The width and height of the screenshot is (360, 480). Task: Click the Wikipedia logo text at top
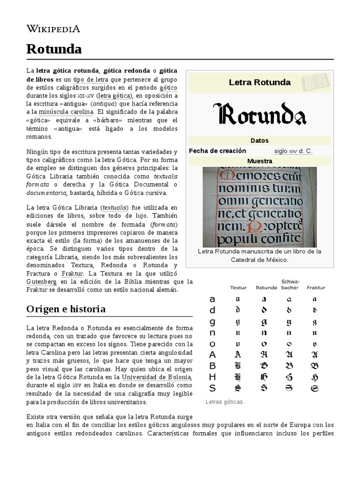[x=53, y=29]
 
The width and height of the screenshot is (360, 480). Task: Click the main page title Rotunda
[x=54, y=49]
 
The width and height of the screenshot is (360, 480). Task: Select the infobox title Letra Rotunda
[x=259, y=82]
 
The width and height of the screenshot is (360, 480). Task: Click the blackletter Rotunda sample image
[x=260, y=114]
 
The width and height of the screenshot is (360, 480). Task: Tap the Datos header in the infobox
[x=260, y=141]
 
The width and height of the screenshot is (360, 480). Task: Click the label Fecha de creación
[x=217, y=151]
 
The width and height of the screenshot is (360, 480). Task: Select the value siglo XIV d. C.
[x=293, y=151]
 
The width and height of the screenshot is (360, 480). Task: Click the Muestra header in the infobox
[x=260, y=161]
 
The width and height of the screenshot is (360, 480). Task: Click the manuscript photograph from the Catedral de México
[x=260, y=207]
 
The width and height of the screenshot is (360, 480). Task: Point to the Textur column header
[x=239, y=287]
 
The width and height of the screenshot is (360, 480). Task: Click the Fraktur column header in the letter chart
[x=315, y=287]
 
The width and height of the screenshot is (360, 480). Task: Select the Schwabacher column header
[x=290, y=285]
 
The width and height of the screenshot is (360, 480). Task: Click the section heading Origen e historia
[x=66, y=309]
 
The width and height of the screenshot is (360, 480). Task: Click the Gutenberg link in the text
[x=42, y=282]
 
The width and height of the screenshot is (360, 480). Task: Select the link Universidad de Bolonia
[x=156, y=377]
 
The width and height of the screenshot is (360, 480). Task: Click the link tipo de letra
[x=91, y=80]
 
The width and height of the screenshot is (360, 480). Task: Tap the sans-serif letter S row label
[x=212, y=388]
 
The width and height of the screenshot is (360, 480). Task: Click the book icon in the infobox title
[x=316, y=82]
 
